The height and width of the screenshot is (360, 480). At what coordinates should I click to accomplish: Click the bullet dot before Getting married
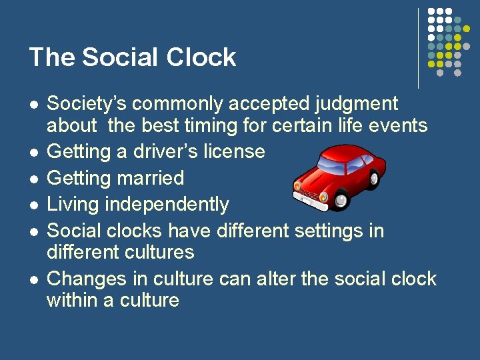point(32,179)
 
